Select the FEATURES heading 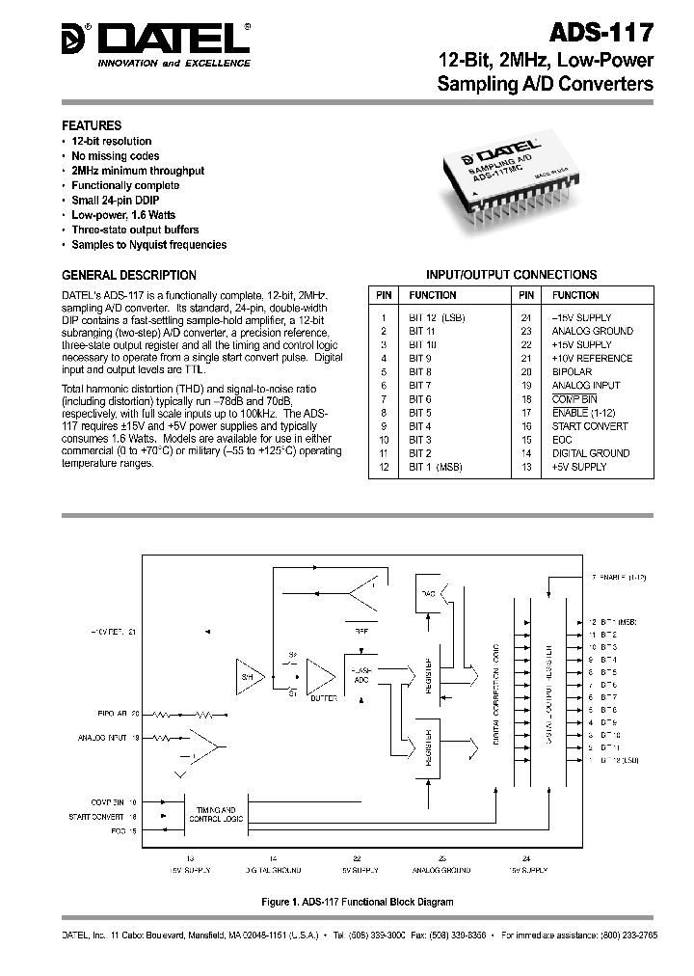[92, 125]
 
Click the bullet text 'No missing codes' [115, 155]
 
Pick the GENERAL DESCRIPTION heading [129, 275]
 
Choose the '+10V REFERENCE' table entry [591, 358]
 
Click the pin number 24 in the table [526, 317]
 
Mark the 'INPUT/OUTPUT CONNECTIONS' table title [511, 275]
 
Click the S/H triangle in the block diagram [246, 680]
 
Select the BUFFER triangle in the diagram [318, 680]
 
